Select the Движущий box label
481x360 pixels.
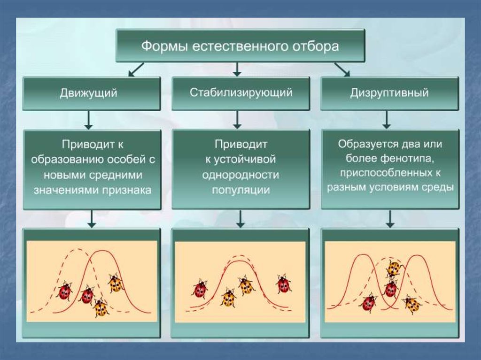(x=88, y=93)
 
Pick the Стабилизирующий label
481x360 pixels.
(x=241, y=92)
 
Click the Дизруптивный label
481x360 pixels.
(x=389, y=92)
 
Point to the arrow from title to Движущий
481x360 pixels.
(x=136, y=69)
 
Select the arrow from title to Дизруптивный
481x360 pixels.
(x=342, y=69)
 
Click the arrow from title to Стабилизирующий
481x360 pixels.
(x=237, y=69)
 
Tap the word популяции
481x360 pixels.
(x=241, y=190)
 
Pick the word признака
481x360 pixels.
(x=127, y=190)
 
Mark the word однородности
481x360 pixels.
(x=241, y=175)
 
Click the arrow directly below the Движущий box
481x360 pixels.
(x=89, y=120)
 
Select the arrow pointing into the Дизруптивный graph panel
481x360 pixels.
(x=390, y=219)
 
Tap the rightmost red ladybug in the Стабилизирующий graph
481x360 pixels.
(x=283, y=284)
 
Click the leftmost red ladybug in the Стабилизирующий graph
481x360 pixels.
(x=200, y=289)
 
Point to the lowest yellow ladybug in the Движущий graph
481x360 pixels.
(x=101, y=307)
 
